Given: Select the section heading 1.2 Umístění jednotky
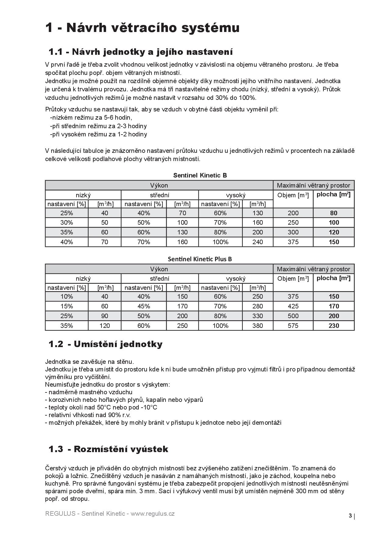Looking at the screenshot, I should pos(105,344).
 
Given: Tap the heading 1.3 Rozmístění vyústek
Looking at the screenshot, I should pos(108,449).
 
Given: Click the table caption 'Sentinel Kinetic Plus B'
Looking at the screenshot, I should pos(200,259).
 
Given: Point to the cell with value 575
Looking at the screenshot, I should pos(293,326).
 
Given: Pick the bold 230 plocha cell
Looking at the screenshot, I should pos(334,326).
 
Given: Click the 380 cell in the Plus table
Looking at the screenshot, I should pos(258,326).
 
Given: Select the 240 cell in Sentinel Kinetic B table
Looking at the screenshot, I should pos(258,242).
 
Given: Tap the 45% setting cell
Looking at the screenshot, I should pos(144,306).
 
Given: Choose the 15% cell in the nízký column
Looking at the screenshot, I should pos(66,306).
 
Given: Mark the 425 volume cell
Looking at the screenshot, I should pos(293,306).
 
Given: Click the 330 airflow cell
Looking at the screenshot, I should pos(258,316).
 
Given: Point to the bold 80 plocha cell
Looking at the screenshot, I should pos(334,213).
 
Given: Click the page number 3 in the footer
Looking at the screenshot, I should pos(350,516).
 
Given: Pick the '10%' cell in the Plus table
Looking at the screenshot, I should pos(66,297).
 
